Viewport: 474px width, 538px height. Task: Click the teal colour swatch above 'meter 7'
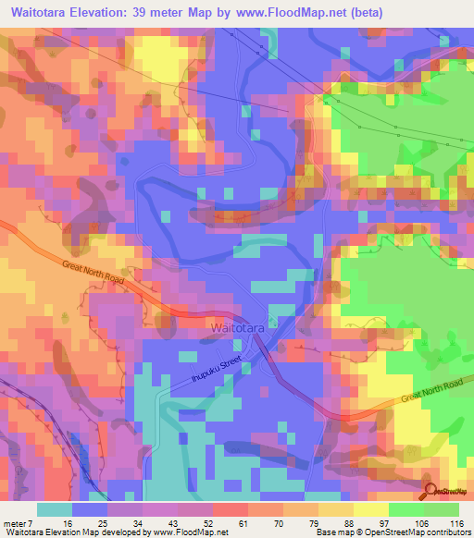(x=55, y=509)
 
